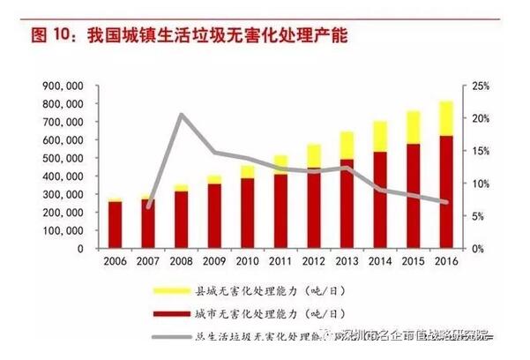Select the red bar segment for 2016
click(446, 191)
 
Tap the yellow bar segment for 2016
click(446, 118)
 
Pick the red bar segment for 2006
click(116, 225)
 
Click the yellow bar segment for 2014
click(380, 136)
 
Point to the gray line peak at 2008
click(181, 114)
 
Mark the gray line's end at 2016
click(446, 203)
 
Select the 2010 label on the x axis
click(248, 262)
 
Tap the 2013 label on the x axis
click(347, 262)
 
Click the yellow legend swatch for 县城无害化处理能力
click(173, 289)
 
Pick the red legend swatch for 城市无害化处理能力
click(173, 312)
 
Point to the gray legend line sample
click(173, 336)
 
